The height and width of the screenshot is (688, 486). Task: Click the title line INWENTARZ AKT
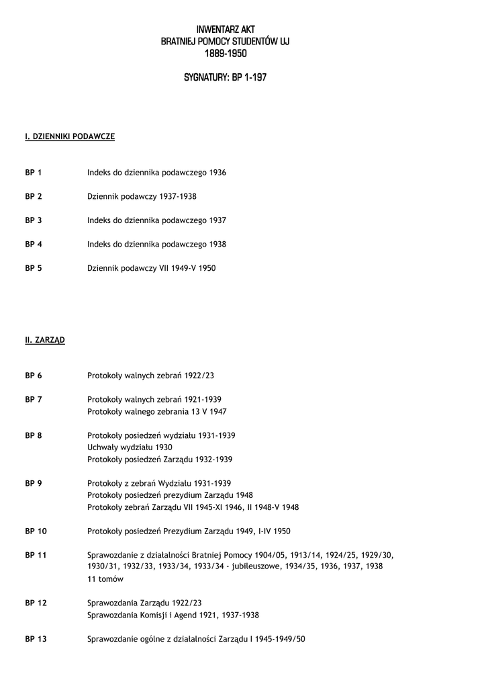[225, 30]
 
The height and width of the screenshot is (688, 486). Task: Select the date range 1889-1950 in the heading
[225, 53]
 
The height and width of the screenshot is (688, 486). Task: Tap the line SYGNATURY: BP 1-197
[225, 77]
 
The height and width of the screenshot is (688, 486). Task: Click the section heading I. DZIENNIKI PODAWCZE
[70, 136]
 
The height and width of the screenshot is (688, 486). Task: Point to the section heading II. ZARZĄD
[45, 341]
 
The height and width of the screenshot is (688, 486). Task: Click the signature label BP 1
[34, 173]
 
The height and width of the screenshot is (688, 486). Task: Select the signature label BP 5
[34, 268]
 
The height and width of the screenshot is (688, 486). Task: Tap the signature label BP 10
[36, 531]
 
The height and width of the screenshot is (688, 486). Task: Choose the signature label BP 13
[36, 639]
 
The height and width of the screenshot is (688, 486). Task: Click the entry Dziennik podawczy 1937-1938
[142, 196]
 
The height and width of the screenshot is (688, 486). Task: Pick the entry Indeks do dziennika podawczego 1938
[156, 245]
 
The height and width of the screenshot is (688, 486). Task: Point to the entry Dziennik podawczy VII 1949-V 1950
[151, 268]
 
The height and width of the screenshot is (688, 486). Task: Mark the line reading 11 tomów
[105, 579]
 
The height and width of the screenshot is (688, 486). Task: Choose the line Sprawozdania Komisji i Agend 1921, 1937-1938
[173, 615]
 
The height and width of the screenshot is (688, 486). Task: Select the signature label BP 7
[34, 400]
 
